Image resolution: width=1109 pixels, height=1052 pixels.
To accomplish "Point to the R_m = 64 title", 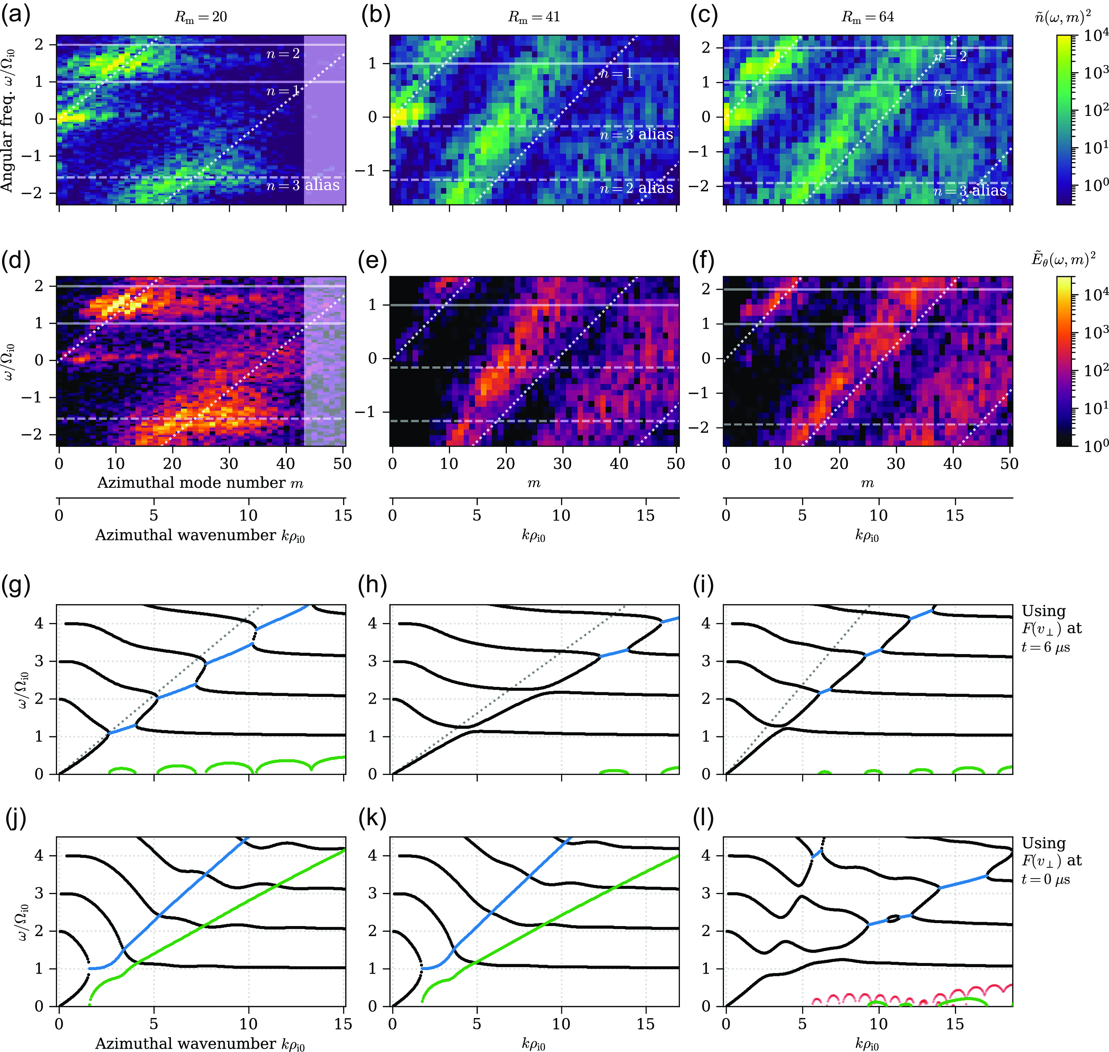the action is pyautogui.click(x=867, y=17).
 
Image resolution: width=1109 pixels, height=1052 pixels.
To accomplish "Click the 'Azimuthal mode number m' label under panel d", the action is pyautogui.click(x=200, y=483).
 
